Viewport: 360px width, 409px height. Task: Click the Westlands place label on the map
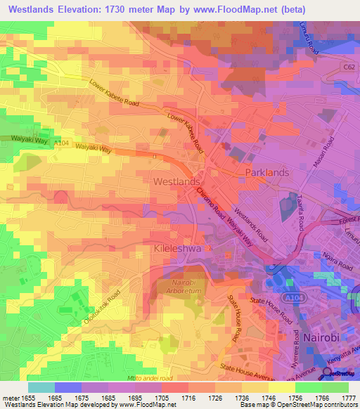tap(176, 181)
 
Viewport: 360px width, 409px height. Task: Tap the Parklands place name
tap(266, 172)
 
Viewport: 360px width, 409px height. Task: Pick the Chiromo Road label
tap(211, 202)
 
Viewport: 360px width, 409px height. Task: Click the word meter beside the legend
tap(10, 399)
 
